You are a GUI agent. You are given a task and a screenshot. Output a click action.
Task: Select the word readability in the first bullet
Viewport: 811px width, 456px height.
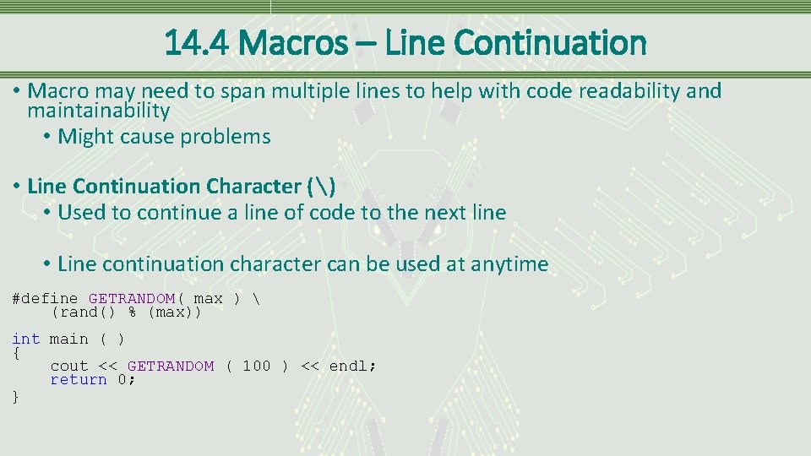[615, 91]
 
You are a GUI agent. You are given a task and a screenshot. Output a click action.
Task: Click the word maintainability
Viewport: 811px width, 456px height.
[99, 111]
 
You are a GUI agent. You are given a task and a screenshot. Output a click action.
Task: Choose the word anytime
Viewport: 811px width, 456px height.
[509, 264]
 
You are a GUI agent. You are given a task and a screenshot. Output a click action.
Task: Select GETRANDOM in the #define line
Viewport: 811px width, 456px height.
[131, 299]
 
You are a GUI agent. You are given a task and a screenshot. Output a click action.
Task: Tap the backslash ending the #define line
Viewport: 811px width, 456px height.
[256, 299]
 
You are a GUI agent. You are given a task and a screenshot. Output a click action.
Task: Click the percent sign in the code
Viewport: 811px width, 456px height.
[132, 312]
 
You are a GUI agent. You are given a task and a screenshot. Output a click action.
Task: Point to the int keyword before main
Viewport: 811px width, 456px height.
[25, 339]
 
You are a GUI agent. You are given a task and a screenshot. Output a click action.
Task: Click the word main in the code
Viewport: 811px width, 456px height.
[68, 339]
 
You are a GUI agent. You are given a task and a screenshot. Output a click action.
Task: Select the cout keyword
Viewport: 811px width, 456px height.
[68, 366]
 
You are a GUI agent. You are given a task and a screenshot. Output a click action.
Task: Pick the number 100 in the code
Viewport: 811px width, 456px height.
[256, 366]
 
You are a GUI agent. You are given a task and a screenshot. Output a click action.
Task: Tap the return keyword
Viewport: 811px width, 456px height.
[79, 380]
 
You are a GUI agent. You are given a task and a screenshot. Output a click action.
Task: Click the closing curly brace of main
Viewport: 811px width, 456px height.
[16, 395]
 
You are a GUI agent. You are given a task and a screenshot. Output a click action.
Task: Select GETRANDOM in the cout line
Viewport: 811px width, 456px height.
[171, 366]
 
